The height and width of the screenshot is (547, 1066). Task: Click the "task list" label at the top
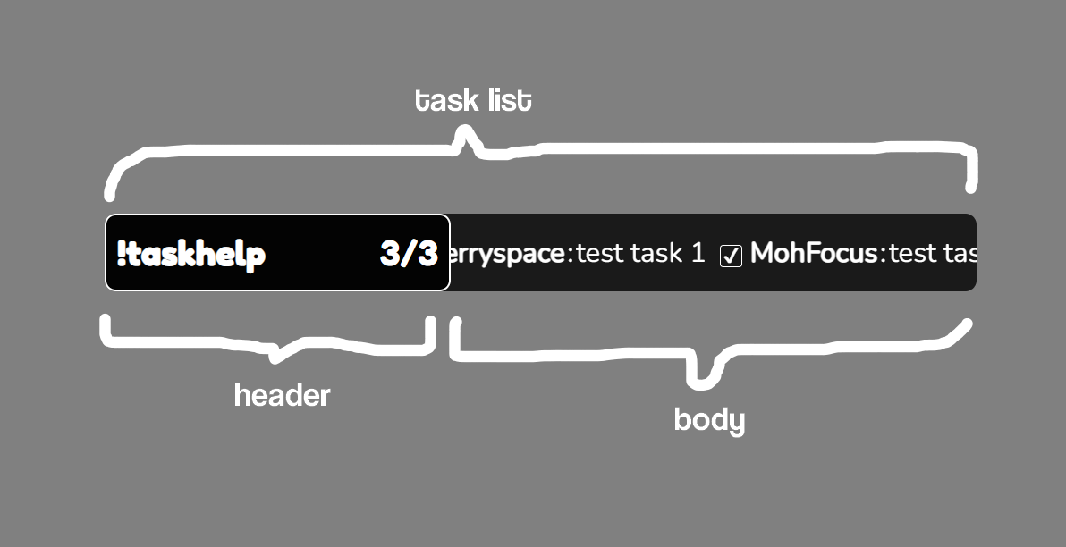point(473,100)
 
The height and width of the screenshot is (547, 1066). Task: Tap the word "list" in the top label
point(507,100)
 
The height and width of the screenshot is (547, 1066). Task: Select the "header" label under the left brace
point(282,394)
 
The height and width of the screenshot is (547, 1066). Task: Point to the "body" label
point(709,419)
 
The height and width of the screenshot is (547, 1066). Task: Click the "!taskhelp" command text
point(191,255)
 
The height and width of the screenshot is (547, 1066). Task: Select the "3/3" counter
point(409,254)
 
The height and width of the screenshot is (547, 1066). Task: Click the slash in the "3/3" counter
point(410,254)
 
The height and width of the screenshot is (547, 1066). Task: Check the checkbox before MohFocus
point(731,256)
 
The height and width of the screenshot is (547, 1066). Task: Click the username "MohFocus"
point(814,253)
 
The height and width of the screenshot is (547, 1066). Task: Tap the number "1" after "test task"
point(698,253)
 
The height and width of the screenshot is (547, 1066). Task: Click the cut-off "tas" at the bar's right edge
point(960,253)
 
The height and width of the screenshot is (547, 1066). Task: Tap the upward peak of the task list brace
point(464,135)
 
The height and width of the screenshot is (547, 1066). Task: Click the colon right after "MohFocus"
point(883,255)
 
